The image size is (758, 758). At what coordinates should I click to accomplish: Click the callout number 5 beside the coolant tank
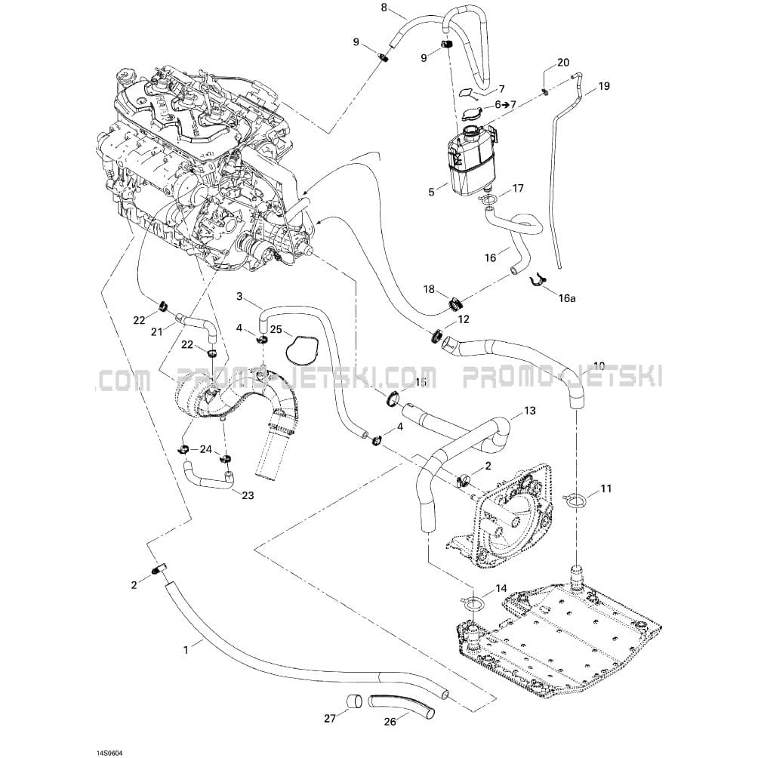(x=432, y=193)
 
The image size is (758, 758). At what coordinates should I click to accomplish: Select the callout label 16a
(x=567, y=297)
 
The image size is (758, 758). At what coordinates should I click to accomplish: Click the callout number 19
(x=603, y=86)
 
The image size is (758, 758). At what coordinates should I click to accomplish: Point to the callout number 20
(x=563, y=63)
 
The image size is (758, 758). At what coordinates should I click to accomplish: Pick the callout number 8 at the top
(x=384, y=8)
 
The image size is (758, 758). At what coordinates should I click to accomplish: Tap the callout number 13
(x=529, y=411)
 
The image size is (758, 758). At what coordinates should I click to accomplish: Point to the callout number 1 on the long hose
(x=186, y=647)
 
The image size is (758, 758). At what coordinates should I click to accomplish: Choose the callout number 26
(x=390, y=721)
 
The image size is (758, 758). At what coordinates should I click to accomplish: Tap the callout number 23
(x=248, y=495)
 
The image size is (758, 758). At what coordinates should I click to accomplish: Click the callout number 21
(x=156, y=331)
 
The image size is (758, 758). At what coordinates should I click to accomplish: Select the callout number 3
(x=239, y=297)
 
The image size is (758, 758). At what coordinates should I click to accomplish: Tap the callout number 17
(x=518, y=188)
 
